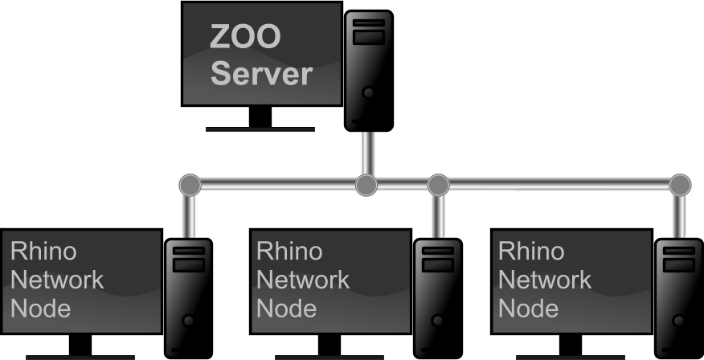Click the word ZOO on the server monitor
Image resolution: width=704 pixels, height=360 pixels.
pos(245,36)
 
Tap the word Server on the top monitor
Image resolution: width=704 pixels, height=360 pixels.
pos(261,73)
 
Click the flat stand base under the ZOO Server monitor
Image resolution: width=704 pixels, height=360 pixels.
pos(260,129)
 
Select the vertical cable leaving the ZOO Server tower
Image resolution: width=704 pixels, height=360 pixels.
pos(368,153)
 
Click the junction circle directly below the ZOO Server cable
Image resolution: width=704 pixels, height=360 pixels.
pos(366,185)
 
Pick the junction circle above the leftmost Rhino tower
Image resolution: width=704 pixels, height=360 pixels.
pos(190,185)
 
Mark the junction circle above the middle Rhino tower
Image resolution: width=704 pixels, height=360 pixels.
pos(438,185)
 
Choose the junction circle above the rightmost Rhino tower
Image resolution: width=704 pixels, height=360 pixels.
pos(680,185)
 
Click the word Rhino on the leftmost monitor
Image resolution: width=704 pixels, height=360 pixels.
pos(43,251)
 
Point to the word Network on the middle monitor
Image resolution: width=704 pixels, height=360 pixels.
pos(303,280)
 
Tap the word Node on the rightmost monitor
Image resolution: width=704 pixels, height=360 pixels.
pos(529,309)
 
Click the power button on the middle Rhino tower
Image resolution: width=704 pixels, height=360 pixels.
pos(437,321)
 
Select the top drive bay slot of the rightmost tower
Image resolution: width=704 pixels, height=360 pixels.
pos(679,251)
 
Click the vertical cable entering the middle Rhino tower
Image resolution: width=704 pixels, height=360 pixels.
pos(439,217)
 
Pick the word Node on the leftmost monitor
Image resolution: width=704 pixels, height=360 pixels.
pos(40,309)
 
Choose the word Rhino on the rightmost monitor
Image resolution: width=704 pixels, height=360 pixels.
pos(531,251)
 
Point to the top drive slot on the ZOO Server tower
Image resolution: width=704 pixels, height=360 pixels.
pos(369,22)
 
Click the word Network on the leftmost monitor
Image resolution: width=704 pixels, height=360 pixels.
pos(57,280)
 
